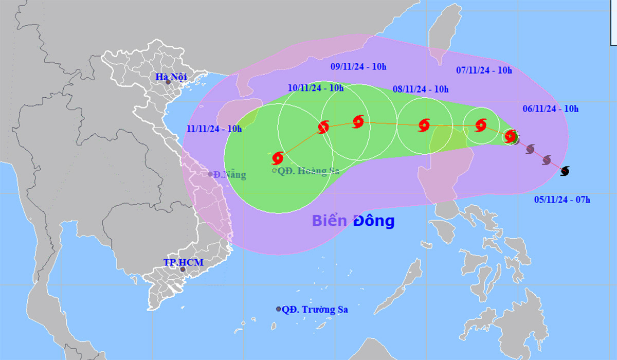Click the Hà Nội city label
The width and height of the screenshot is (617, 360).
[x=171, y=77]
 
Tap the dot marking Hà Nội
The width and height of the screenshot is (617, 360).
[x=168, y=82]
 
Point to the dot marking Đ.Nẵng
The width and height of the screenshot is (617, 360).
[x=211, y=174]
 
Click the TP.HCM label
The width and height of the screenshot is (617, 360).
[x=184, y=262]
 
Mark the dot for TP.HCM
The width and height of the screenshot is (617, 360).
[x=183, y=269]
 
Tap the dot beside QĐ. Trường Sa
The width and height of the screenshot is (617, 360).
[x=279, y=309]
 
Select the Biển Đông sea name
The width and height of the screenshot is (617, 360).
[x=353, y=221]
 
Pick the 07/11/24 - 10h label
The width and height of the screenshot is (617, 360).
[x=484, y=70]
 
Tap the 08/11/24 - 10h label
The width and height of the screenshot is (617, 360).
[x=421, y=88]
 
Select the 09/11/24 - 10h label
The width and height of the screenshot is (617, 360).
[x=358, y=66]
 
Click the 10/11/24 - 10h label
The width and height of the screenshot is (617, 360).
[x=316, y=88]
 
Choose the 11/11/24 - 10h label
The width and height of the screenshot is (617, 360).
[x=214, y=129]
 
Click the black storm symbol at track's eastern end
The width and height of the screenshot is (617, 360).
[x=565, y=171]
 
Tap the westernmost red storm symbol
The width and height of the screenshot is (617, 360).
[x=278, y=157]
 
